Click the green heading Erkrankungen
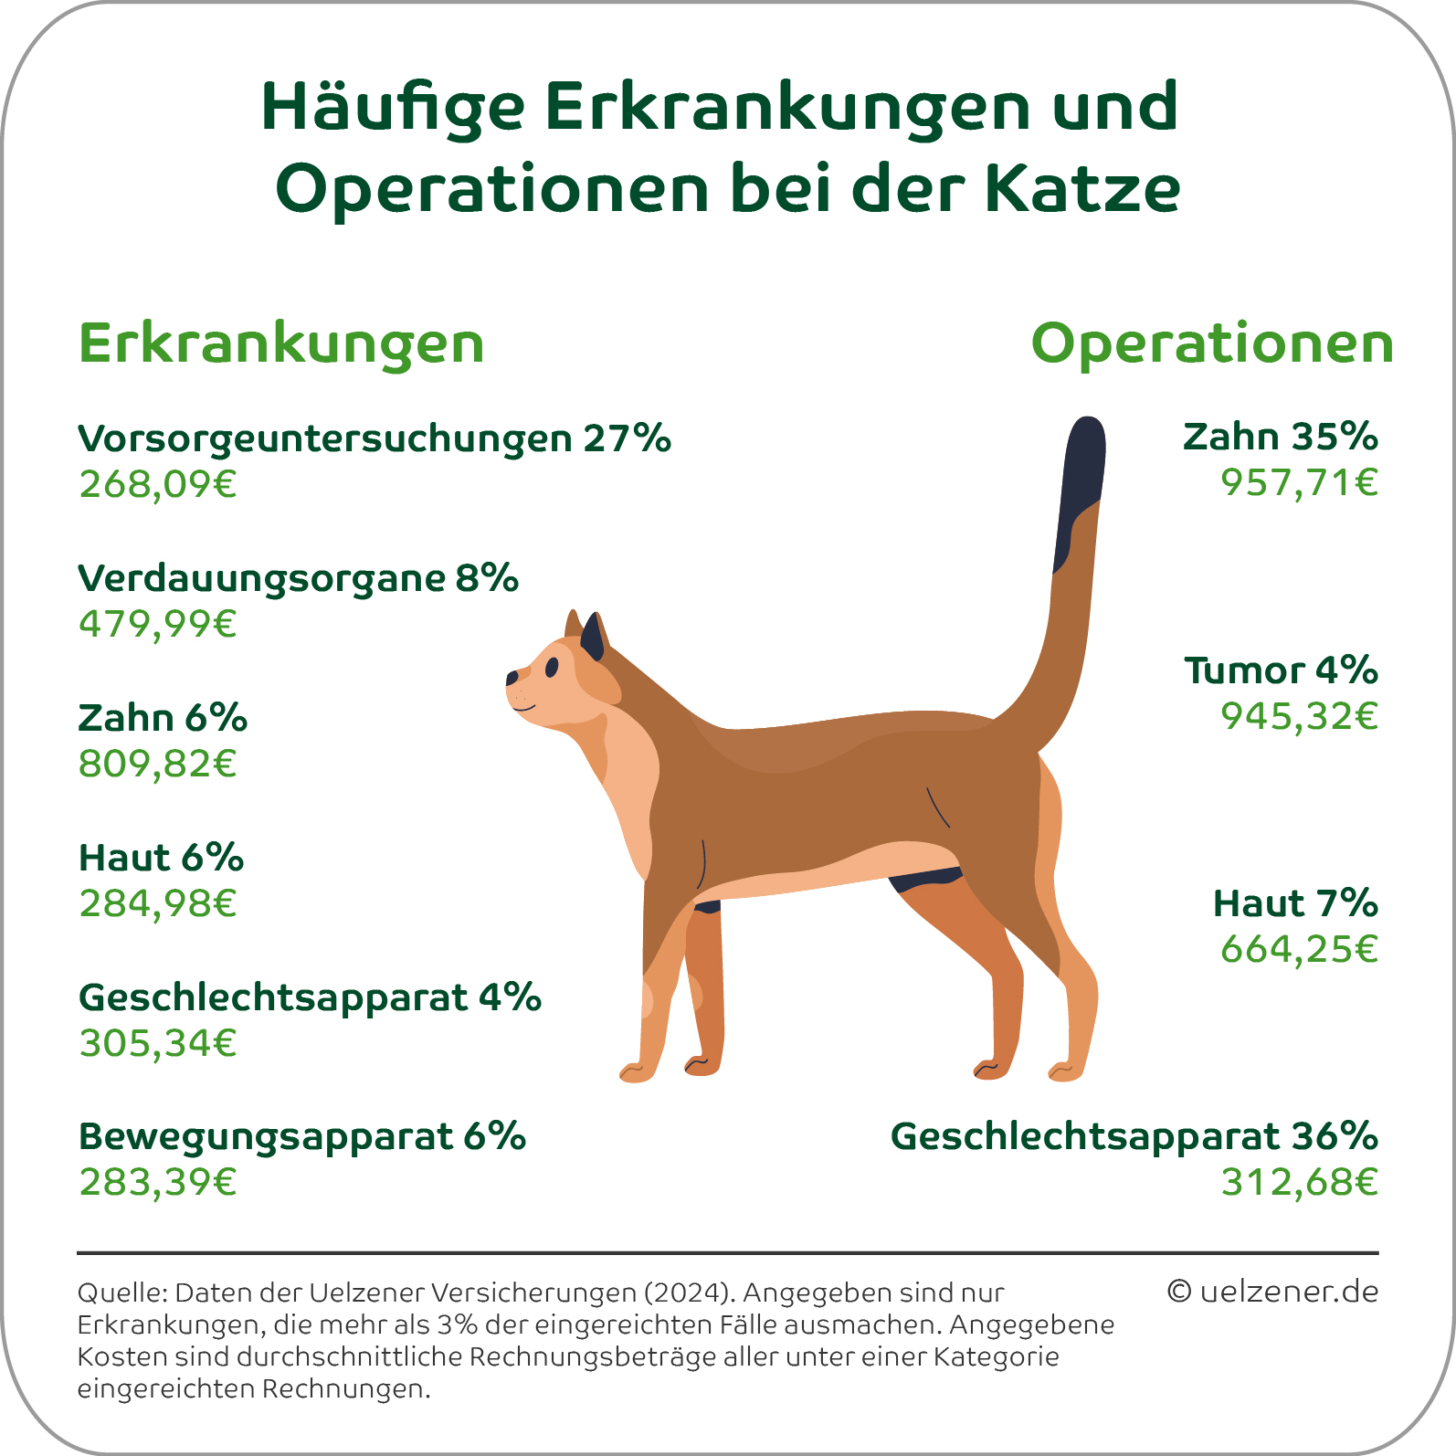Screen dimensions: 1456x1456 click(281, 344)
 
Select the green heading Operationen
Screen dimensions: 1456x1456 click(1212, 344)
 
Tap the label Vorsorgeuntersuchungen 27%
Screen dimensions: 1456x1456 click(375, 438)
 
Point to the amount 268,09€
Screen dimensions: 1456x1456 click(158, 484)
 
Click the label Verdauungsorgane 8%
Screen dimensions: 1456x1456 click(298, 578)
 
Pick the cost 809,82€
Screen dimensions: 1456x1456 click(158, 764)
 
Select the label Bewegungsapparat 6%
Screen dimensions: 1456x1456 click(302, 1137)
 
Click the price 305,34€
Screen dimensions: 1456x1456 click(158, 1043)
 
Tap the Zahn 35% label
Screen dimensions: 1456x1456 click(1280, 437)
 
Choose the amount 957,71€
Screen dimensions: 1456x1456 click(1299, 482)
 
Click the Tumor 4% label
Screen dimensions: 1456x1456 click(1281, 670)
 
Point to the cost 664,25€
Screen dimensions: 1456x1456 click(1299, 949)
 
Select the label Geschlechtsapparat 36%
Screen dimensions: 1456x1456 click(1134, 1137)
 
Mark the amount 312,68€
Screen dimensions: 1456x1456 click(1299, 1183)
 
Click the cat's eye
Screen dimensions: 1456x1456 click(552, 668)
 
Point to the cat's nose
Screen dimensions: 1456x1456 click(512, 678)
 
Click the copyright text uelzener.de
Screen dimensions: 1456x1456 click(1272, 1292)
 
